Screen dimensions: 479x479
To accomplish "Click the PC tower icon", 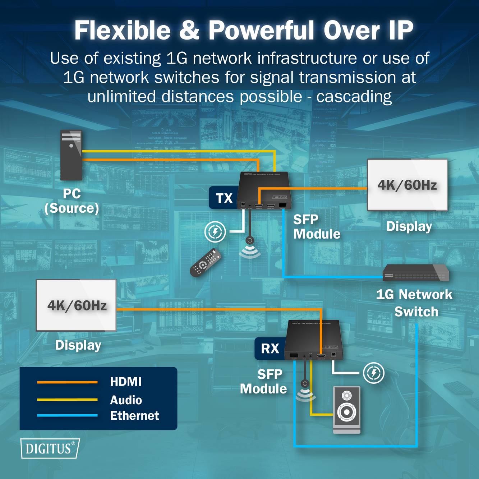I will tap(71, 155).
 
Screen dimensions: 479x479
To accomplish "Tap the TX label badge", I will tap(224, 198).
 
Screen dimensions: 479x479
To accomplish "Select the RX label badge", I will tap(270, 348).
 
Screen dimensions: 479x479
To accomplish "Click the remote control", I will tap(205, 263).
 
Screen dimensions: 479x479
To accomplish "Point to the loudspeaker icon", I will tap(346, 410).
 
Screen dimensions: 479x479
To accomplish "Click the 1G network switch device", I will tap(416, 273).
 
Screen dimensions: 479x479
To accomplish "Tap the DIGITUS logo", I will tap(50, 448).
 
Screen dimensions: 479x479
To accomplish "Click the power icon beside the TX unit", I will tap(215, 232).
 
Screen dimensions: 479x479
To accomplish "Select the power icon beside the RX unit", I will tap(373, 373).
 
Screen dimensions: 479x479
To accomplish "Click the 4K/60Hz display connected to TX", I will tap(407, 185).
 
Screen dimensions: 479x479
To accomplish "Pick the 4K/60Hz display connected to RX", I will tap(76, 305).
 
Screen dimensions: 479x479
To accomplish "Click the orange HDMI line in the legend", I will tap(67, 382).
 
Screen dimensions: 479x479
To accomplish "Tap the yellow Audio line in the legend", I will tap(67, 399).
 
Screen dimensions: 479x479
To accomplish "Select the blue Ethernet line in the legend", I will tap(67, 415).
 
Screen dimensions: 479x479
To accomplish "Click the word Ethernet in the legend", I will tap(134, 415).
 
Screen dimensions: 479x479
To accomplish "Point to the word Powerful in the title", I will tap(262, 30).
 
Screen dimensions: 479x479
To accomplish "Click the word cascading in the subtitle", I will tap(354, 96).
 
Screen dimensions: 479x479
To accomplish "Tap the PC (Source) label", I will tap(72, 201).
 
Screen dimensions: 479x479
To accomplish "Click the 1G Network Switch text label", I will tap(415, 303).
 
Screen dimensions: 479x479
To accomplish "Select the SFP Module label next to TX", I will tap(316, 227).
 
